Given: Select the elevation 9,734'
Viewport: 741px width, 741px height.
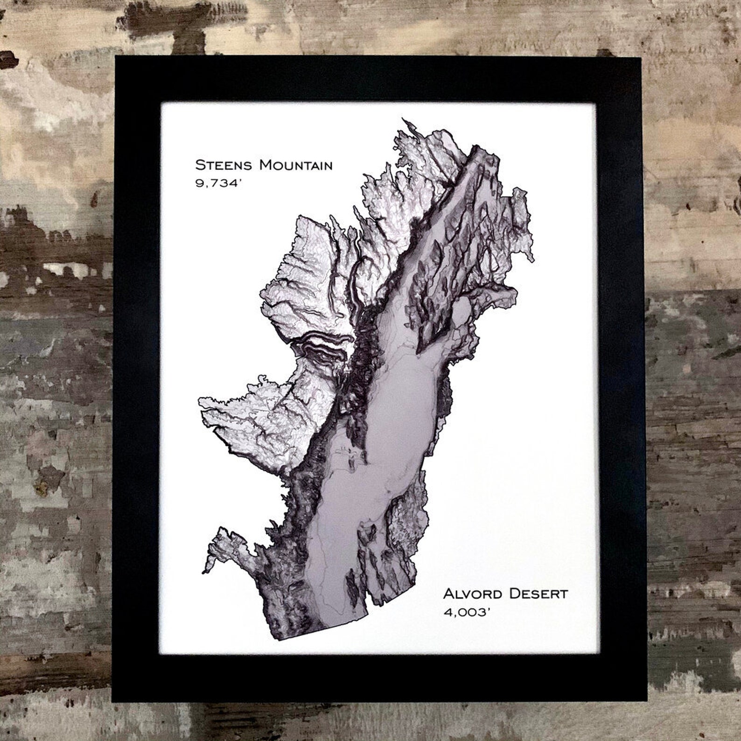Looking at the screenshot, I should coord(214,183).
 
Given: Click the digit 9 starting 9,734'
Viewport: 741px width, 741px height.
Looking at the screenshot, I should coord(199,183).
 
